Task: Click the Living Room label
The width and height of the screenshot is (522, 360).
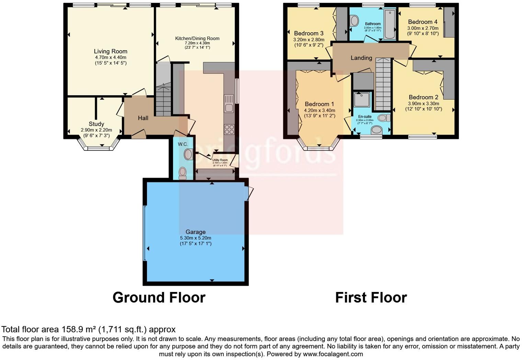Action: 111,52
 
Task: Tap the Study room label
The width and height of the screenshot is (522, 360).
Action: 96,124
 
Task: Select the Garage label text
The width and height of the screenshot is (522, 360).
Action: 195,232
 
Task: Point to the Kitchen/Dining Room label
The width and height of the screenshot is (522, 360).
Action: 197,38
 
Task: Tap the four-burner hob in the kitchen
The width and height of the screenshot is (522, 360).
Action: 229,129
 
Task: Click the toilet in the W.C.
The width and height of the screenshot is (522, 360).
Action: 182,172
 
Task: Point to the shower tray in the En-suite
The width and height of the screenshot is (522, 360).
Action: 362,100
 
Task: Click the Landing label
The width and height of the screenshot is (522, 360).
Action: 361,58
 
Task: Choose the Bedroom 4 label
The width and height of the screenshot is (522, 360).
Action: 423,22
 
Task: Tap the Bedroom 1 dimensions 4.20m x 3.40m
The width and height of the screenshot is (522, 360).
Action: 319,111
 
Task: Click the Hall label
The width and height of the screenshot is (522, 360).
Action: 143,118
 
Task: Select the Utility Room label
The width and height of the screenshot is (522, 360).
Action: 220,160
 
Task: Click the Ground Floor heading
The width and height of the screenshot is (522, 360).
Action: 159,297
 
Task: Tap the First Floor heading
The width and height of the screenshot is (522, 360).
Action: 371,297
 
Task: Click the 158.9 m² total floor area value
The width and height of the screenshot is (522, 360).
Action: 79,330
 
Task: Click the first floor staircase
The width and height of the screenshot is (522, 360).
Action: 383,84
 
